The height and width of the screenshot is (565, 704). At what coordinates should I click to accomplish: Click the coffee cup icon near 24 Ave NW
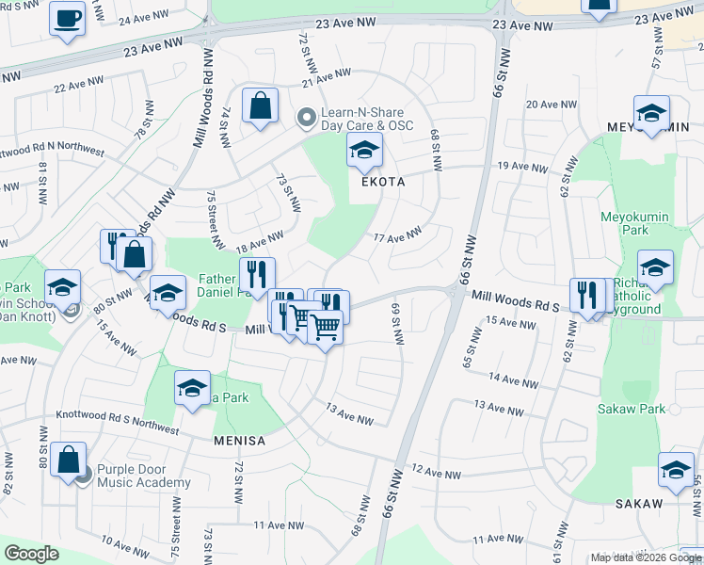click(67, 19)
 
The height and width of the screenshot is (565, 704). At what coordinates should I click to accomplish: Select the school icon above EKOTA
click(365, 149)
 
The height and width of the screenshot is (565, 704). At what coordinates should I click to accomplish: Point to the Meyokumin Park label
click(634, 223)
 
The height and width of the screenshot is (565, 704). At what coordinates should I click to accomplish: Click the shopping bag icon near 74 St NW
click(260, 105)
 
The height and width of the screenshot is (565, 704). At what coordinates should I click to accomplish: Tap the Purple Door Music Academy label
click(143, 476)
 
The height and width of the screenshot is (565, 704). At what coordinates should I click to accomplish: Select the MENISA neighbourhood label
click(239, 441)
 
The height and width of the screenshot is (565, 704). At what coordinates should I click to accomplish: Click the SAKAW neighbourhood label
click(639, 504)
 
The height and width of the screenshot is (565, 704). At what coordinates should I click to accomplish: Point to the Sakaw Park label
click(632, 409)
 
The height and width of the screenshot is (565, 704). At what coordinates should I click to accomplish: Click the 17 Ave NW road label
click(398, 234)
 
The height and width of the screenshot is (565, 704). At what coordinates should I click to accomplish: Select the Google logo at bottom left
click(31, 554)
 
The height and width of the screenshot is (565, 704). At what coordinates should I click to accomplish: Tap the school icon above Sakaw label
click(676, 470)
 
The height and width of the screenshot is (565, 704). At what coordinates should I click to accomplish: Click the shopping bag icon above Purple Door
click(69, 460)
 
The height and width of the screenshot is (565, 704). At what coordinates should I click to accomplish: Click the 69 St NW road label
click(398, 324)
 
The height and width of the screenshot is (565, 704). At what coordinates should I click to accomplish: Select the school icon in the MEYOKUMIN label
click(651, 113)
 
